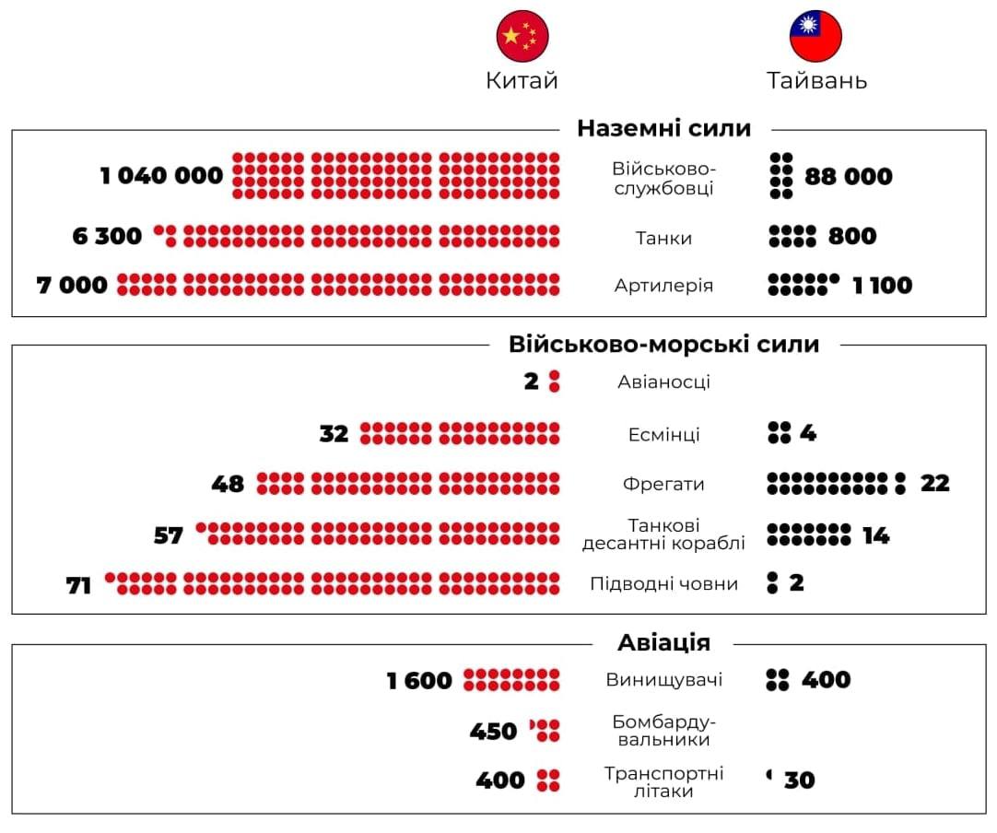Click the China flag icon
[522, 37]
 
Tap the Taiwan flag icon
[815, 37]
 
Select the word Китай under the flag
[522, 81]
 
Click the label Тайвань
[816, 81]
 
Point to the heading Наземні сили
[664, 128]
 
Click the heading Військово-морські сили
[663, 345]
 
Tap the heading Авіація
[663, 642]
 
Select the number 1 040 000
[162, 175]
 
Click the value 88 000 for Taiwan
[849, 176]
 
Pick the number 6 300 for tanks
[108, 237]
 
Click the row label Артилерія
[663, 286]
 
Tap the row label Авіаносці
[663, 381]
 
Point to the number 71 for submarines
[79, 584]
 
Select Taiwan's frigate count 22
[934, 483]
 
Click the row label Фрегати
[663, 484]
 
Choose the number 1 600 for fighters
[419, 681]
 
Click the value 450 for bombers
[494, 732]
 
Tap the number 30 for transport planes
[800, 780]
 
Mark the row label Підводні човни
[663, 583]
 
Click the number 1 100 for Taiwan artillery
[882, 286]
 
